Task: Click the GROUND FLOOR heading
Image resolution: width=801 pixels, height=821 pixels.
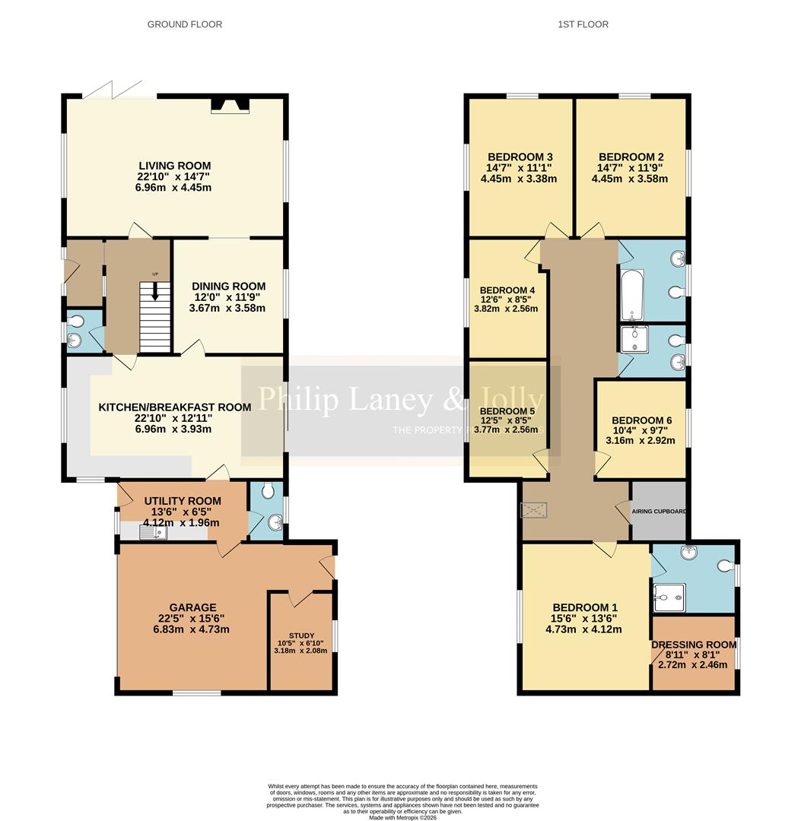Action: (x=185, y=24)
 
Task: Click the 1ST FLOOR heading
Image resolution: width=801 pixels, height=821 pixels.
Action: (x=583, y=24)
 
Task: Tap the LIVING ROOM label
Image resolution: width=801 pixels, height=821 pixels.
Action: (x=174, y=166)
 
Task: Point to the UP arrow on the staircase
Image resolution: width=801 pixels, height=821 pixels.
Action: (x=156, y=291)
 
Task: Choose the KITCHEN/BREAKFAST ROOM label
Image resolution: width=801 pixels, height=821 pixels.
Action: (x=174, y=407)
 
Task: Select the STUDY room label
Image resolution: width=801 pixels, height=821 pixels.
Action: (x=301, y=636)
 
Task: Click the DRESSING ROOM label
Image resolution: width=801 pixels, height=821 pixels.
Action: (x=694, y=645)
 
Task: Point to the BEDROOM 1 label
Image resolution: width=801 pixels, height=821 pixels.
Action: (x=584, y=607)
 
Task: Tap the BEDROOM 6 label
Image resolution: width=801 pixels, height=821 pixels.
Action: (x=641, y=420)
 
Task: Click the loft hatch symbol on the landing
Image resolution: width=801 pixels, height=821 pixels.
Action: (x=533, y=510)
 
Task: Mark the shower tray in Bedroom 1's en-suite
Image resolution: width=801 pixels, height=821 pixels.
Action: (x=669, y=598)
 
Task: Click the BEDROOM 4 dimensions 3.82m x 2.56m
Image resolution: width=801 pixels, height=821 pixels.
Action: (x=508, y=309)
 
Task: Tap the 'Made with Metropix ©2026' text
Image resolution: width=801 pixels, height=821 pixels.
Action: (x=404, y=817)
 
